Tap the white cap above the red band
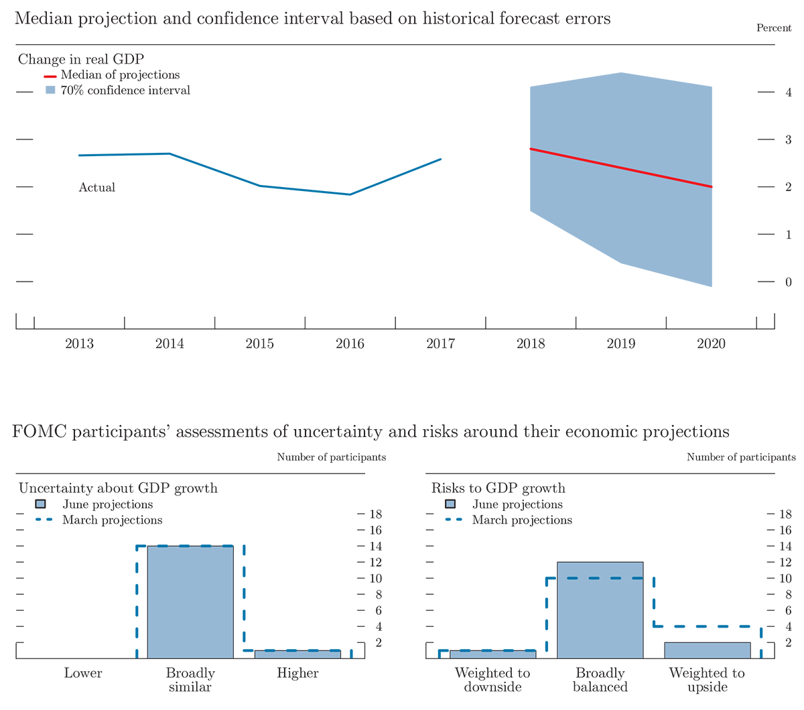(48, 70)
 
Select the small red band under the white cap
(44, 78)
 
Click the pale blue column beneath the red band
(48, 104)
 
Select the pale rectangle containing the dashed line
(600, 617)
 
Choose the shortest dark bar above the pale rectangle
(162, 539)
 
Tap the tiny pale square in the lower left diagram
(41, 504)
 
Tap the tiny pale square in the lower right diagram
(450, 504)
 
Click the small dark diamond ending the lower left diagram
(352, 649)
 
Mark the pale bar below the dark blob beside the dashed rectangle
(707, 650)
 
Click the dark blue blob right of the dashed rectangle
(697, 600)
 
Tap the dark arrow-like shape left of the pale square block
(114, 590)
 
